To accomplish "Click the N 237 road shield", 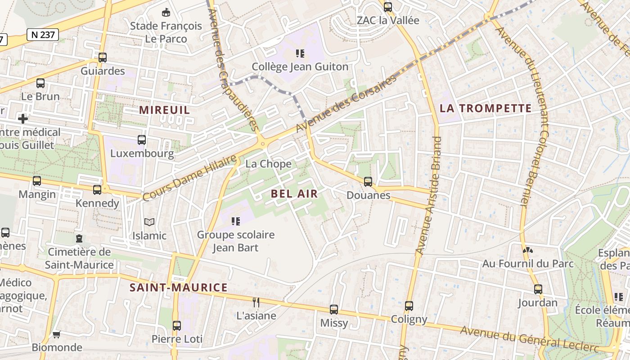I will click(x=43, y=35).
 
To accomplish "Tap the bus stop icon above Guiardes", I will click(x=103, y=58).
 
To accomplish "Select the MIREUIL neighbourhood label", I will click(x=164, y=110).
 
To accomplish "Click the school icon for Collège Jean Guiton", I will click(x=300, y=54).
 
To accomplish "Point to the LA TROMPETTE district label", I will click(x=486, y=108).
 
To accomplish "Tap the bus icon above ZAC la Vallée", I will click(x=387, y=7).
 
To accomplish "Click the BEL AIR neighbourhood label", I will click(x=294, y=193).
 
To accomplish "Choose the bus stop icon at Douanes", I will click(x=368, y=182).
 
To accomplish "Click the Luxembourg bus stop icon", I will click(x=142, y=140).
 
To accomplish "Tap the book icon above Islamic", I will click(x=149, y=222).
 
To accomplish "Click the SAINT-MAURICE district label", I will click(x=178, y=287).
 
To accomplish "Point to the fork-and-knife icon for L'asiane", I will click(x=256, y=302).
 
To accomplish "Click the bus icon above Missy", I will click(x=333, y=310).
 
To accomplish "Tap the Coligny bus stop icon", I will click(x=409, y=306).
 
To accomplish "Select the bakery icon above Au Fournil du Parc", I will click(x=527, y=250).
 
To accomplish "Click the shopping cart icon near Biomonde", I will click(x=56, y=334).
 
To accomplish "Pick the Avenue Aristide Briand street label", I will click(x=427, y=196).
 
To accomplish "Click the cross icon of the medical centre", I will click(x=23, y=119).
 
